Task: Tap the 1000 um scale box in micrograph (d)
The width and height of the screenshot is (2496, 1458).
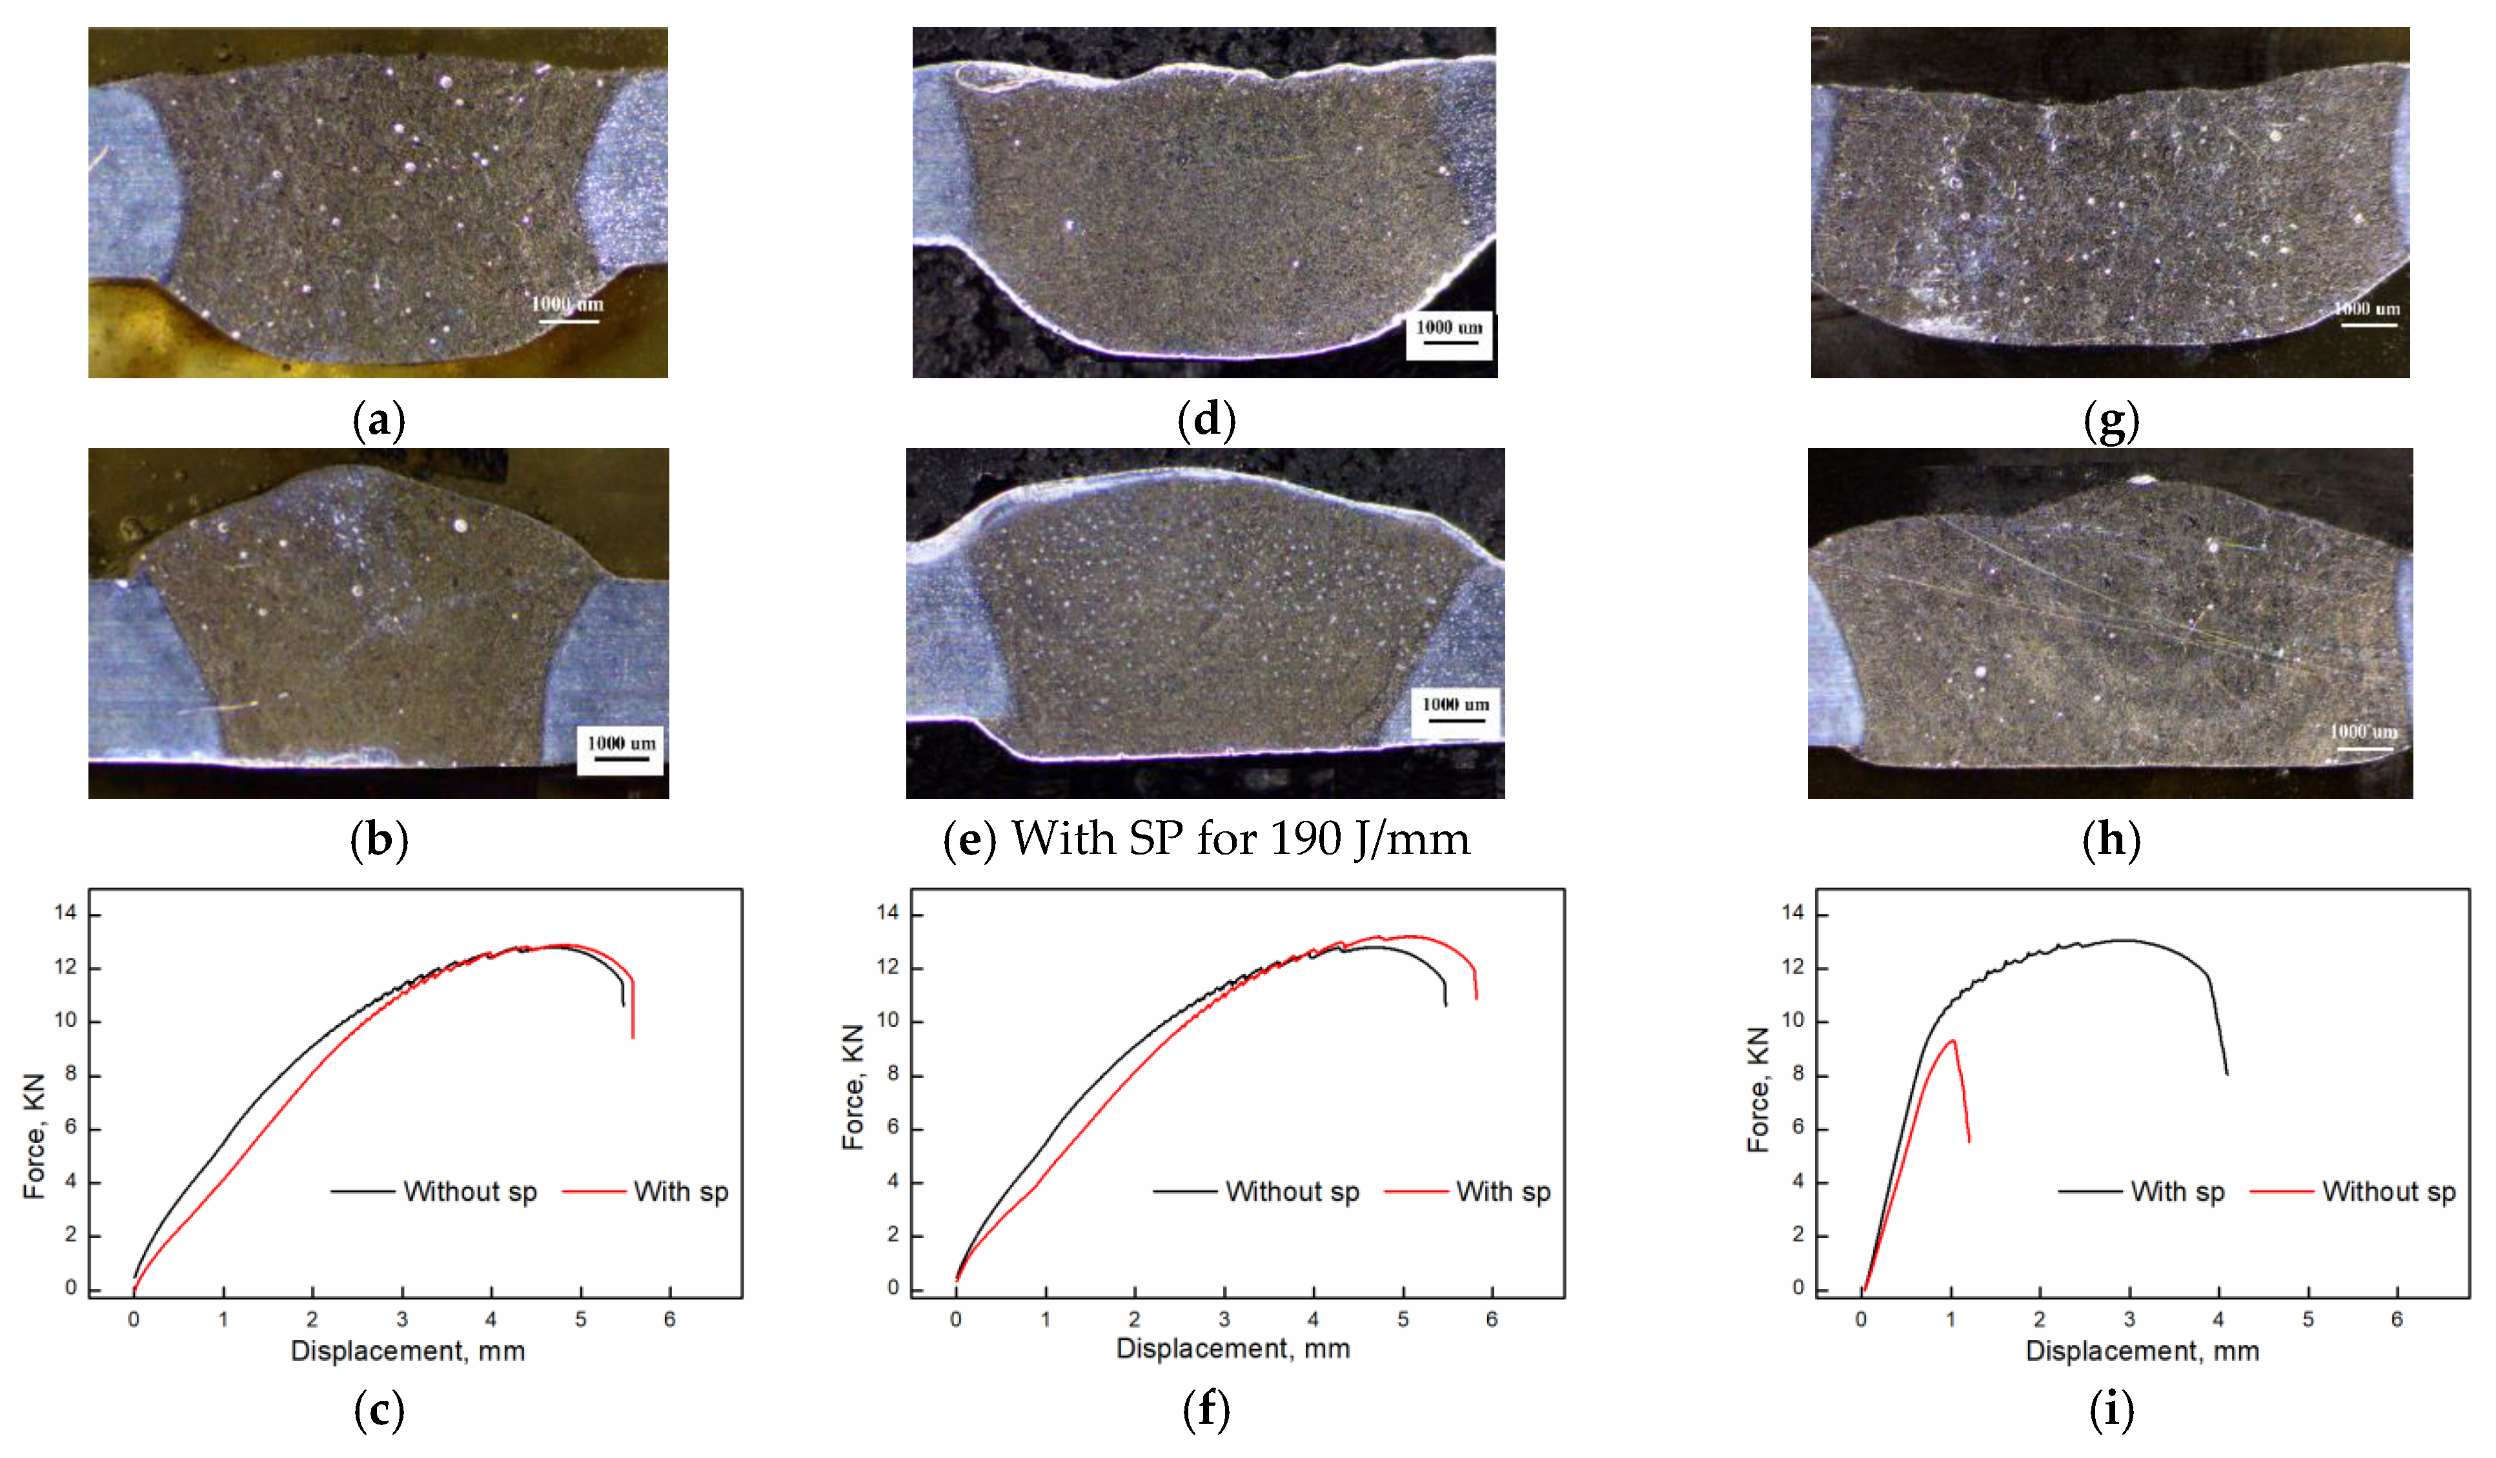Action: (1449, 336)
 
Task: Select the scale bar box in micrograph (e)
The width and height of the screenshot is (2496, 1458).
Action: (1455, 712)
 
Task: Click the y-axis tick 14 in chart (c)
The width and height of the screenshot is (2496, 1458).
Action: (65, 913)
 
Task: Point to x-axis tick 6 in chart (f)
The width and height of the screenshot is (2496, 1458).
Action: (1492, 1319)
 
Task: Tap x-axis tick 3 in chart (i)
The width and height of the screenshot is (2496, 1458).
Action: (2129, 1319)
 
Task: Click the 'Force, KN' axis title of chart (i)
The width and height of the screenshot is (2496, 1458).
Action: (1758, 1089)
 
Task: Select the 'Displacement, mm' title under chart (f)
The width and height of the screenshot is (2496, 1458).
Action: (1233, 1349)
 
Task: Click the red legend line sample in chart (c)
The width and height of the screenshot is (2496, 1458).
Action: (594, 1191)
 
